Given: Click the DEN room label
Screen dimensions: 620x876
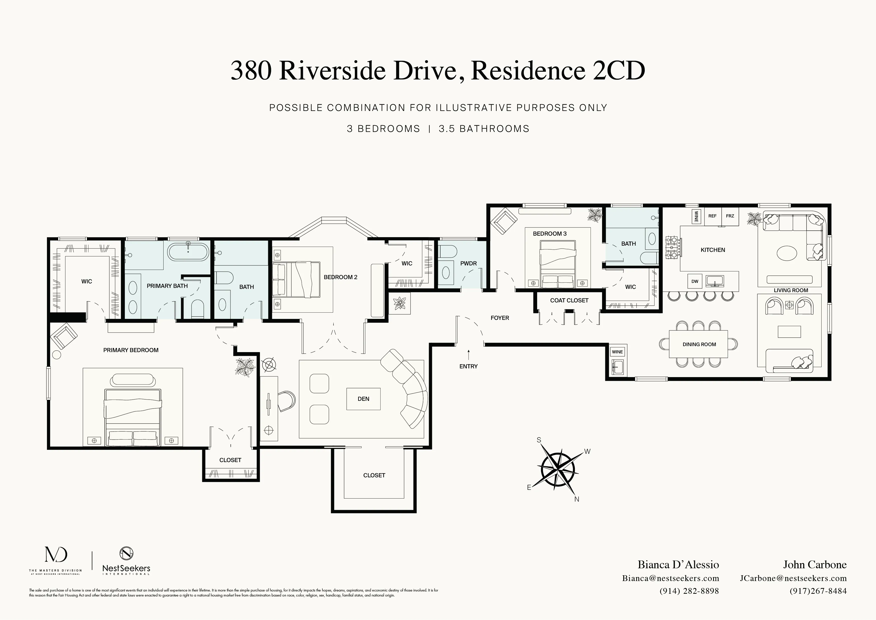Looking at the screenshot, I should tap(363, 399).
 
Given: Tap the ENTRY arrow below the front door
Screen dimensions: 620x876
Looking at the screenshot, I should tap(468, 354).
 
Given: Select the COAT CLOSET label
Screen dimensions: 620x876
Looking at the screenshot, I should tap(569, 300).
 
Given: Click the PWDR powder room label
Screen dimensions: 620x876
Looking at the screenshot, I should tap(468, 263).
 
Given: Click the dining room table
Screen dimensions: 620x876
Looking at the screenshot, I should tap(699, 344).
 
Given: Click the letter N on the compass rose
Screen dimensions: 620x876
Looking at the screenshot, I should tap(577, 499).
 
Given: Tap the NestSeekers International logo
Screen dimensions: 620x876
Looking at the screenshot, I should tap(126, 561).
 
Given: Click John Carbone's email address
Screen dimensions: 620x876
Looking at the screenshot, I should tap(793, 578).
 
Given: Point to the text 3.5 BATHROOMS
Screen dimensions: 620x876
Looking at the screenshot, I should tap(484, 129).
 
